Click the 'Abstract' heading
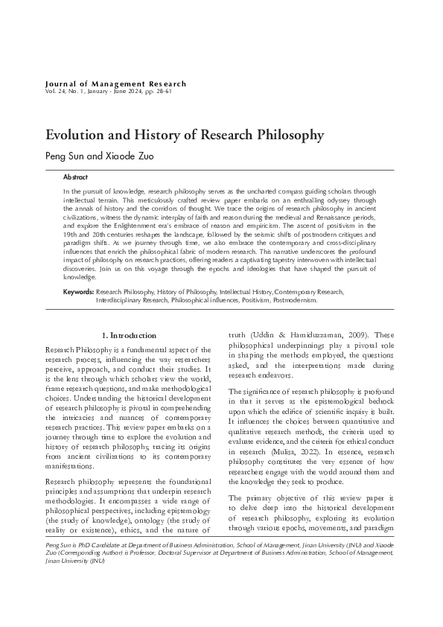click(x=75, y=178)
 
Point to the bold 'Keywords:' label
click(x=78, y=313)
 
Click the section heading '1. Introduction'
click(x=129, y=336)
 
